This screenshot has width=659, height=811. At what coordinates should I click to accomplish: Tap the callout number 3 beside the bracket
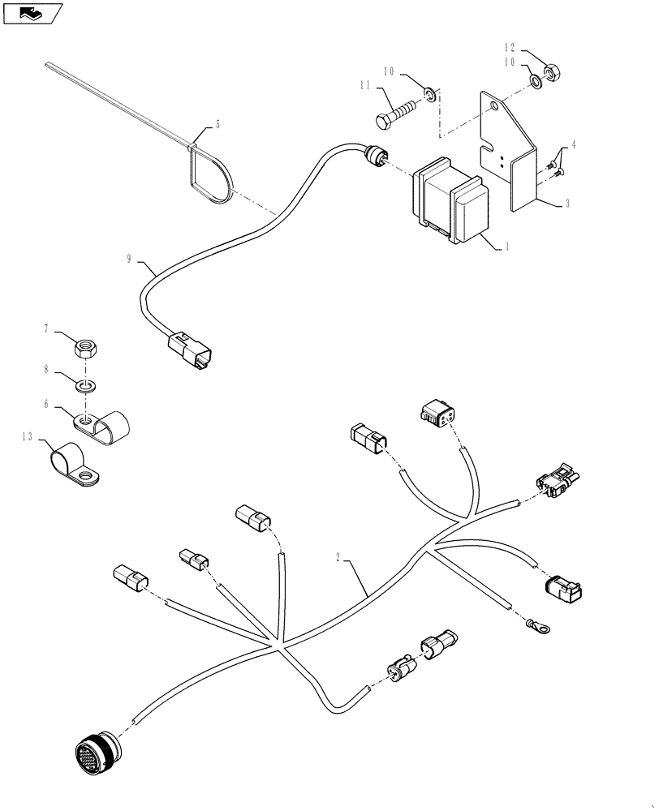[x=566, y=204]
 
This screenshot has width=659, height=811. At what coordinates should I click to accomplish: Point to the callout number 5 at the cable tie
[x=217, y=125]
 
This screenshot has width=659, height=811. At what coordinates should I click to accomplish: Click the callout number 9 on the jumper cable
[x=129, y=260]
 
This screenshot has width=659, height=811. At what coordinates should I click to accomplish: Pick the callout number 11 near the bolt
[x=366, y=85]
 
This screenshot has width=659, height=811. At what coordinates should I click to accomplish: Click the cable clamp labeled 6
[x=103, y=423]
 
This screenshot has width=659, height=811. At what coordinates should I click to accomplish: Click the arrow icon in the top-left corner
[x=32, y=12]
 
